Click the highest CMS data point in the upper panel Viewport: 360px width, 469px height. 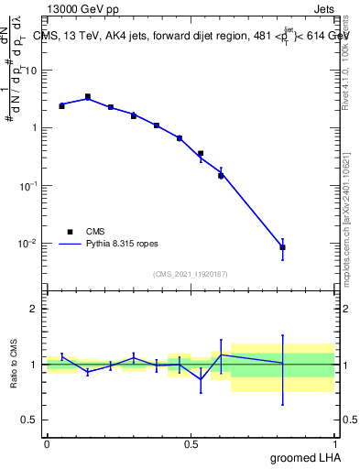click(x=88, y=96)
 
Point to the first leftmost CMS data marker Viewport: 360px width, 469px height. click(x=61, y=105)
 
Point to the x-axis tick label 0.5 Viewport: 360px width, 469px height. click(x=191, y=444)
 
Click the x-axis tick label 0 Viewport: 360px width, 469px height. click(x=47, y=444)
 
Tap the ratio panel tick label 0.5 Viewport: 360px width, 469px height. click(x=31, y=420)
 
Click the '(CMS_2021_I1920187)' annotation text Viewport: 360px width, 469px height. click(x=191, y=274)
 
